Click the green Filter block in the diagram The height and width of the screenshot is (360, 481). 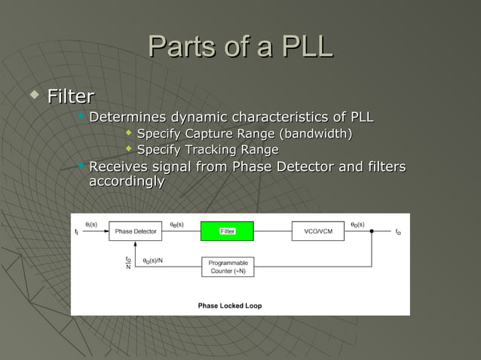point(227,231)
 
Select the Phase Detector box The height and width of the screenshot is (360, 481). point(135,231)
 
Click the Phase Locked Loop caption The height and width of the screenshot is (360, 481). point(230,306)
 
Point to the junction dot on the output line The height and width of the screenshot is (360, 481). point(371,231)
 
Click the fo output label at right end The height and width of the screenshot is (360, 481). point(398,232)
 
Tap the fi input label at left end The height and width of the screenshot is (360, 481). point(76,232)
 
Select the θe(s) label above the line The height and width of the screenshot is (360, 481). point(176,224)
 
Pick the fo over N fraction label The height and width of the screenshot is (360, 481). point(128,263)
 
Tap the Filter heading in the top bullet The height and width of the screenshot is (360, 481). point(71,96)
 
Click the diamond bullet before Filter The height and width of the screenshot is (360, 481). point(32,95)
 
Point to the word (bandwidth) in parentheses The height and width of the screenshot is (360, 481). point(316,134)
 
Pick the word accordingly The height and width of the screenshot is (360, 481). point(127,182)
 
